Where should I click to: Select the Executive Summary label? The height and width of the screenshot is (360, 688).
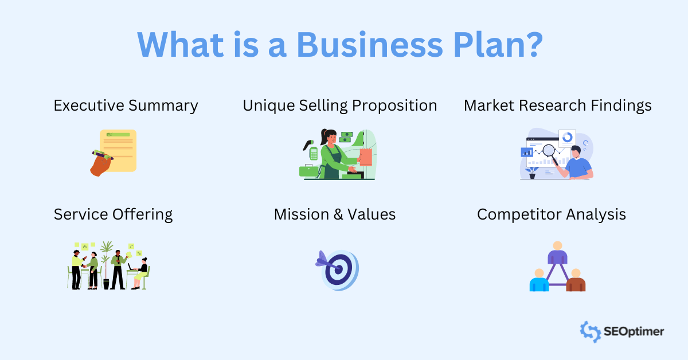coord(126,106)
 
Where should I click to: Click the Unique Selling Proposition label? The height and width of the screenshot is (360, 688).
coord(339,106)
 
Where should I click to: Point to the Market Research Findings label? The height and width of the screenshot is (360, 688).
coord(557,106)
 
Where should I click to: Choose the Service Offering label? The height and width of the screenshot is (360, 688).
coord(113,214)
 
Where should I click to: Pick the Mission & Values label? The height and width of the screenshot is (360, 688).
coord(334,214)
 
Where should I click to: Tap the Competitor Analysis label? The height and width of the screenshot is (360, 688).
coord(551,214)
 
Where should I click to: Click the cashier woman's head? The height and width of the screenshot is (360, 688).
coord(329,138)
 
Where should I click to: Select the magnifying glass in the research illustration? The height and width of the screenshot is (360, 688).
coord(549,151)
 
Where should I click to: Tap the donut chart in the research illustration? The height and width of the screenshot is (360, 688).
coord(568,138)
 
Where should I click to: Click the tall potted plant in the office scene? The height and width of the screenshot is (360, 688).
coord(106,258)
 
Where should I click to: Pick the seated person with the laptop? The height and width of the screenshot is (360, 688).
coord(140,272)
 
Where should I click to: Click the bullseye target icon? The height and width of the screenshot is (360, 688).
coord(341,269)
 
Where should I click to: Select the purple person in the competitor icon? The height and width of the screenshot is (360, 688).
coord(557,253)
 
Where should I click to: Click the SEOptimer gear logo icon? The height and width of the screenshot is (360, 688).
coord(590,331)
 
